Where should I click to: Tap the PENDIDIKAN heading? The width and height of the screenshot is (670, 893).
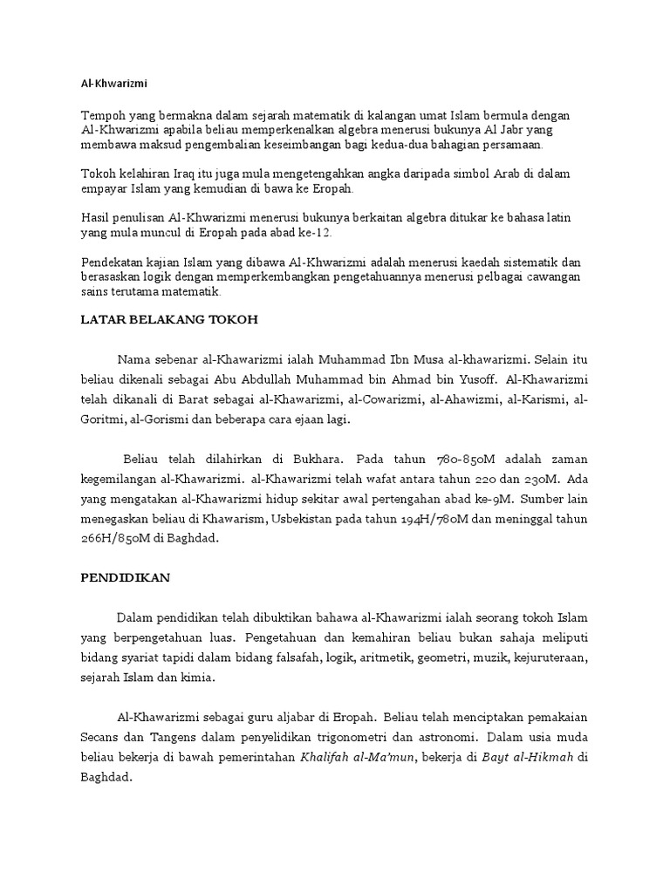(x=126, y=578)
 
